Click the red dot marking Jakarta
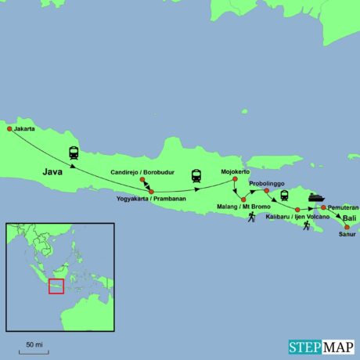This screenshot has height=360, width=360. click(9, 129)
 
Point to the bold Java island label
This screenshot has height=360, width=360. click(52, 168)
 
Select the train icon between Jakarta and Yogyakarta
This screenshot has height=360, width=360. click(74, 153)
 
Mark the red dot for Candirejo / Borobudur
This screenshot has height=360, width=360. click(142, 180)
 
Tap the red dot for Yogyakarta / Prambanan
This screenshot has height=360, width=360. click(151, 191)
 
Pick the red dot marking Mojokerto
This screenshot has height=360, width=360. click(236, 180)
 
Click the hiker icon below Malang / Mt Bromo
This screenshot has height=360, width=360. click(252, 217)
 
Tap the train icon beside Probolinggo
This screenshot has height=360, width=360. click(284, 196)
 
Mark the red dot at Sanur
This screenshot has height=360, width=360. click(347, 227)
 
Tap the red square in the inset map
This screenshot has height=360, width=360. click(56, 286)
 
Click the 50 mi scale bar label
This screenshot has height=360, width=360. click(34, 344)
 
